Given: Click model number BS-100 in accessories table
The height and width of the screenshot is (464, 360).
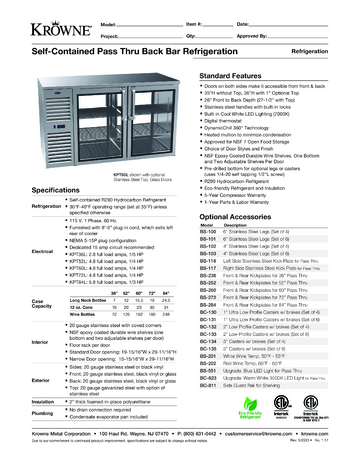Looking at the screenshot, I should pos(237,205).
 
